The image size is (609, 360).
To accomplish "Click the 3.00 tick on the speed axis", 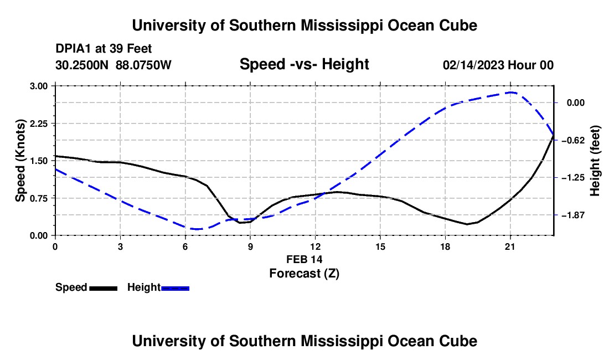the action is point(38,86).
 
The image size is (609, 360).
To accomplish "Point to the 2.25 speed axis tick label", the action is point(38,124).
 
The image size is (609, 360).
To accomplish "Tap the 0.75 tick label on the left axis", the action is point(38,198).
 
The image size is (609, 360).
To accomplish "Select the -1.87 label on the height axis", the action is point(573,215).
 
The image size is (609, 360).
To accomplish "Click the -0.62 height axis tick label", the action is point(573,140).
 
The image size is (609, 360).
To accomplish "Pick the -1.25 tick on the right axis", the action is point(573,177).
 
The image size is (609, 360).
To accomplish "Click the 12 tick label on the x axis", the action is point(316,246).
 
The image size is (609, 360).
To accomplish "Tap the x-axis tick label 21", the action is point(510,246).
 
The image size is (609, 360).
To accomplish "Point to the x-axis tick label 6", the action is point(185,246).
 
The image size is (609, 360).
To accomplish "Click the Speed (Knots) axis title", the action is point(20,161).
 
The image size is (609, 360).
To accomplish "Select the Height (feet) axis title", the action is point(595,161).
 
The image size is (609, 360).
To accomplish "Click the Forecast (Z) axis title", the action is point(304,274).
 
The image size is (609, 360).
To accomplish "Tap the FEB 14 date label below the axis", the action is point(304,259).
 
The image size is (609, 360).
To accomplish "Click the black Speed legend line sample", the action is point(104,289).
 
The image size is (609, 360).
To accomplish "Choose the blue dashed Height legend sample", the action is point(175,289).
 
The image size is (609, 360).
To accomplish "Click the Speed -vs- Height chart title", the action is point(304,64).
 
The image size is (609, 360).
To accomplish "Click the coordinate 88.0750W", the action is point(143,65).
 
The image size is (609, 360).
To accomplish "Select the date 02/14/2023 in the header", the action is point(473,65).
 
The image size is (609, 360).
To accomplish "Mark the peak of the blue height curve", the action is point(511,92).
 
